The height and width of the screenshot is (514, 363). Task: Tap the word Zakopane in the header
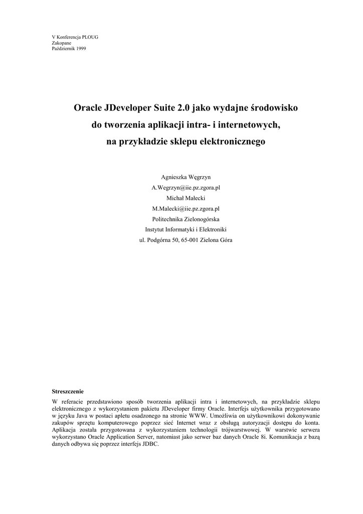(62, 43)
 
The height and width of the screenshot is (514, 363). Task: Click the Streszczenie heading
(68, 391)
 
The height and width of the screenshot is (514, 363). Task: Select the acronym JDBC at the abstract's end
(149, 444)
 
